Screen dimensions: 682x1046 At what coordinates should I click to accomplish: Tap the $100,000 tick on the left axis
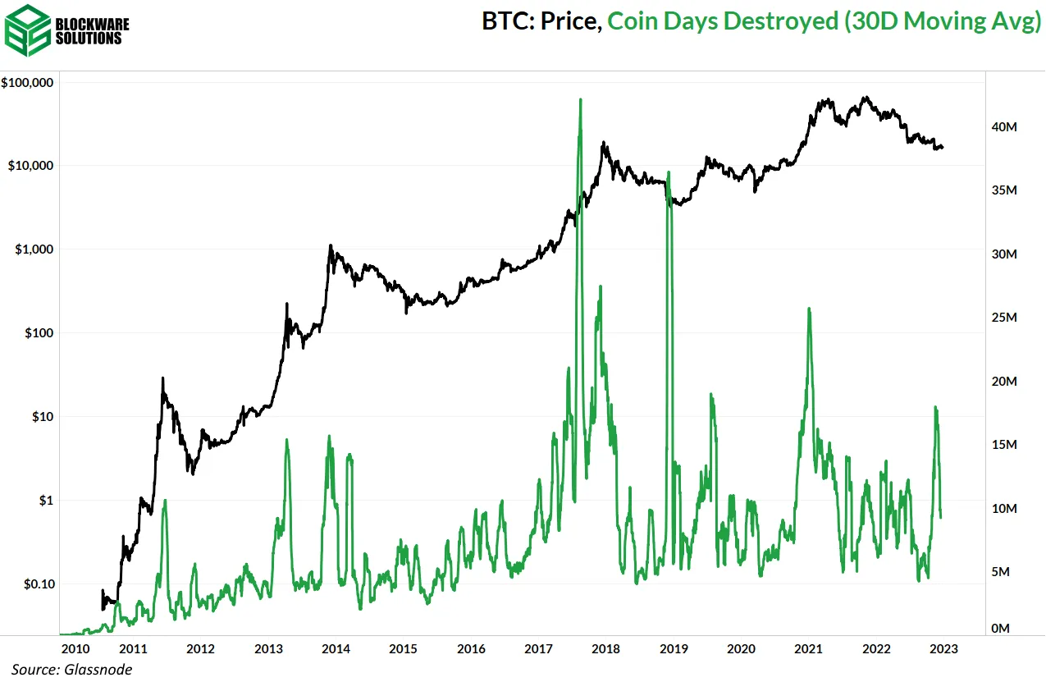click(x=29, y=83)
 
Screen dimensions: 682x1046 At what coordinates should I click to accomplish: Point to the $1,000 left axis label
click(x=34, y=249)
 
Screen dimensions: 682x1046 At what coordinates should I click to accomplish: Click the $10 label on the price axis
click(x=41, y=417)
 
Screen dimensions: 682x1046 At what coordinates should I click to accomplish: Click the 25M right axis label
click(x=1005, y=318)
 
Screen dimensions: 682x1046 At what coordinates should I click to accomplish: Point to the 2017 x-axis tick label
click(x=538, y=649)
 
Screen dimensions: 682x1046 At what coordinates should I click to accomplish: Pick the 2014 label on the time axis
click(x=336, y=649)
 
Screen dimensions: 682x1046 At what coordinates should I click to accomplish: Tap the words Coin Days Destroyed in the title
click(x=720, y=22)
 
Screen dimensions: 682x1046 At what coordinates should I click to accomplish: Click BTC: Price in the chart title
click(x=542, y=22)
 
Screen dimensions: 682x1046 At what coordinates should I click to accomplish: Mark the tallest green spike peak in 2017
click(x=580, y=100)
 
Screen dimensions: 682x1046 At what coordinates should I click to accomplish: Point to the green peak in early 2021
click(x=809, y=309)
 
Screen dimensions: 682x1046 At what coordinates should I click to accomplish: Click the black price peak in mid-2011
click(x=162, y=378)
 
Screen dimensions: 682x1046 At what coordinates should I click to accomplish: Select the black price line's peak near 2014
click(x=330, y=245)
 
